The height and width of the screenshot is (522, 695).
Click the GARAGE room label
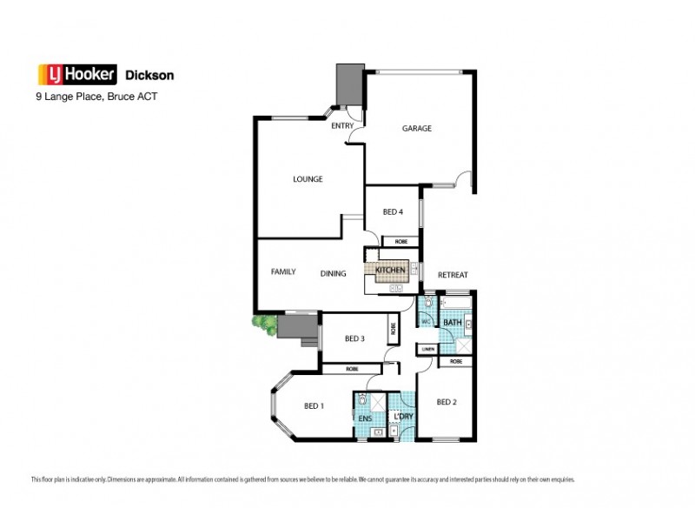[x=416, y=129]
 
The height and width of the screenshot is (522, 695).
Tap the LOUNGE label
[x=308, y=179]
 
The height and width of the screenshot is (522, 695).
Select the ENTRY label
[x=342, y=126]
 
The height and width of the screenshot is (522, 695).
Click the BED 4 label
[x=393, y=212]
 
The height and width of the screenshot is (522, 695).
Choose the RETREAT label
[x=453, y=275]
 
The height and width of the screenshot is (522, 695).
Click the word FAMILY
[x=283, y=271]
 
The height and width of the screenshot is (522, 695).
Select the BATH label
[x=452, y=323]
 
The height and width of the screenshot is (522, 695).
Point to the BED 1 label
[x=314, y=406]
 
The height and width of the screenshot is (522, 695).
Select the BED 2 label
[x=446, y=402]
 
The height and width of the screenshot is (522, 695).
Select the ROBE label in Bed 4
[x=401, y=241]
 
